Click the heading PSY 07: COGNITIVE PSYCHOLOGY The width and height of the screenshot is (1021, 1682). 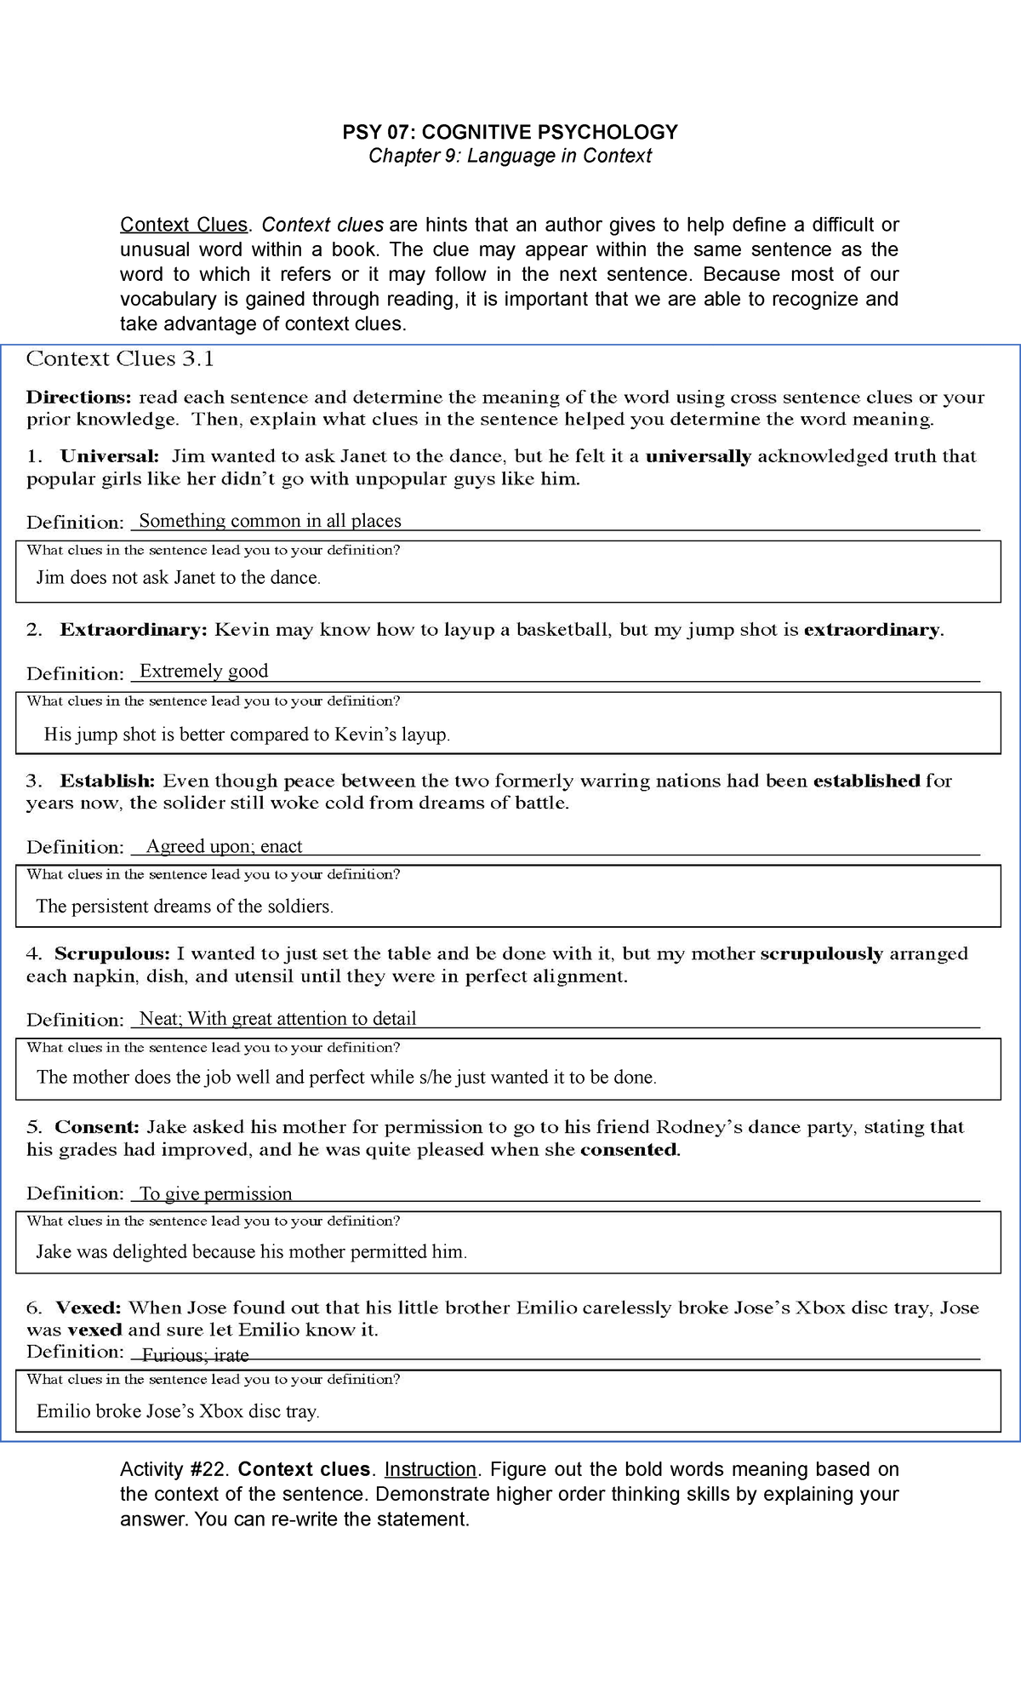[x=510, y=132]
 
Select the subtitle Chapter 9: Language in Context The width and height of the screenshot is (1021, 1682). [x=510, y=156]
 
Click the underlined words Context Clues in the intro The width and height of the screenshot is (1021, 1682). [x=184, y=225]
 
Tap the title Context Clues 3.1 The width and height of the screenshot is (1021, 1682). [x=120, y=359]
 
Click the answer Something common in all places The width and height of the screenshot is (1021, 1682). [x=270, y=521]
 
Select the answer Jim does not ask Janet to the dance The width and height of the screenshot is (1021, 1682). [x=179, y=578]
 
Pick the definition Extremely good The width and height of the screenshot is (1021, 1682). [x=203, y=671]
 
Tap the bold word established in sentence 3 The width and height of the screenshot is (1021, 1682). [x=866, y=781]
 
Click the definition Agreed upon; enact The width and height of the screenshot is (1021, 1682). [x=224, y=846]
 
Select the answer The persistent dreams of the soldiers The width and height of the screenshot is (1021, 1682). [x=185, y=907]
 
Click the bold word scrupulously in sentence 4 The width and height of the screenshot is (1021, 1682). [x=821, y=954]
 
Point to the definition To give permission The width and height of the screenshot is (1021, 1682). [x=215, y=1193]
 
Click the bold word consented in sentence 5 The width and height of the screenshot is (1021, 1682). [x=629, y=1150]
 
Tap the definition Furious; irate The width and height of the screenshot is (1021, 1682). [x=195, y=1355]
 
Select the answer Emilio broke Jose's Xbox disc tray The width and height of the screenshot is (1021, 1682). [x=178, y=1411]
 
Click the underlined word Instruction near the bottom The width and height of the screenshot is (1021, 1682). [x=431, y=1469]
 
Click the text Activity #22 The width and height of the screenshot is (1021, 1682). [x=175, y=1469]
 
